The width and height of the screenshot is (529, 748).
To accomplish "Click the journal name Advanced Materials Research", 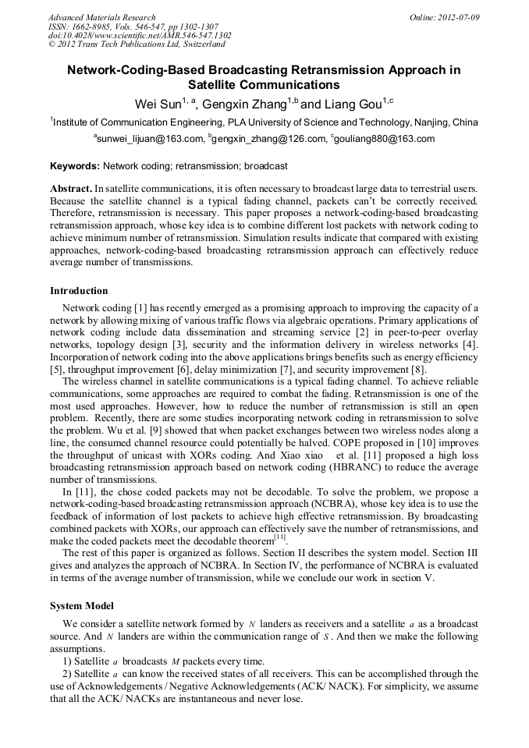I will pyautogui.click(x=101, y=17).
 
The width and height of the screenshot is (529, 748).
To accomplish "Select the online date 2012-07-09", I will pyautogui.click(x=460, y=17).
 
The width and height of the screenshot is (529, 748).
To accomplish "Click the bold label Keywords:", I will pyautogui.click(x=75, y=166).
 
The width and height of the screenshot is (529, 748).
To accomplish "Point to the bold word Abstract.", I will pyautogui.click(x=71, y=190).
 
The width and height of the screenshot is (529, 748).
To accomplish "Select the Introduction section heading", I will pyautogui.click(x=79, y=291).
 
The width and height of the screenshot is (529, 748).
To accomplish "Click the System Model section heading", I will pyautogui.click(x=82, y=606).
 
